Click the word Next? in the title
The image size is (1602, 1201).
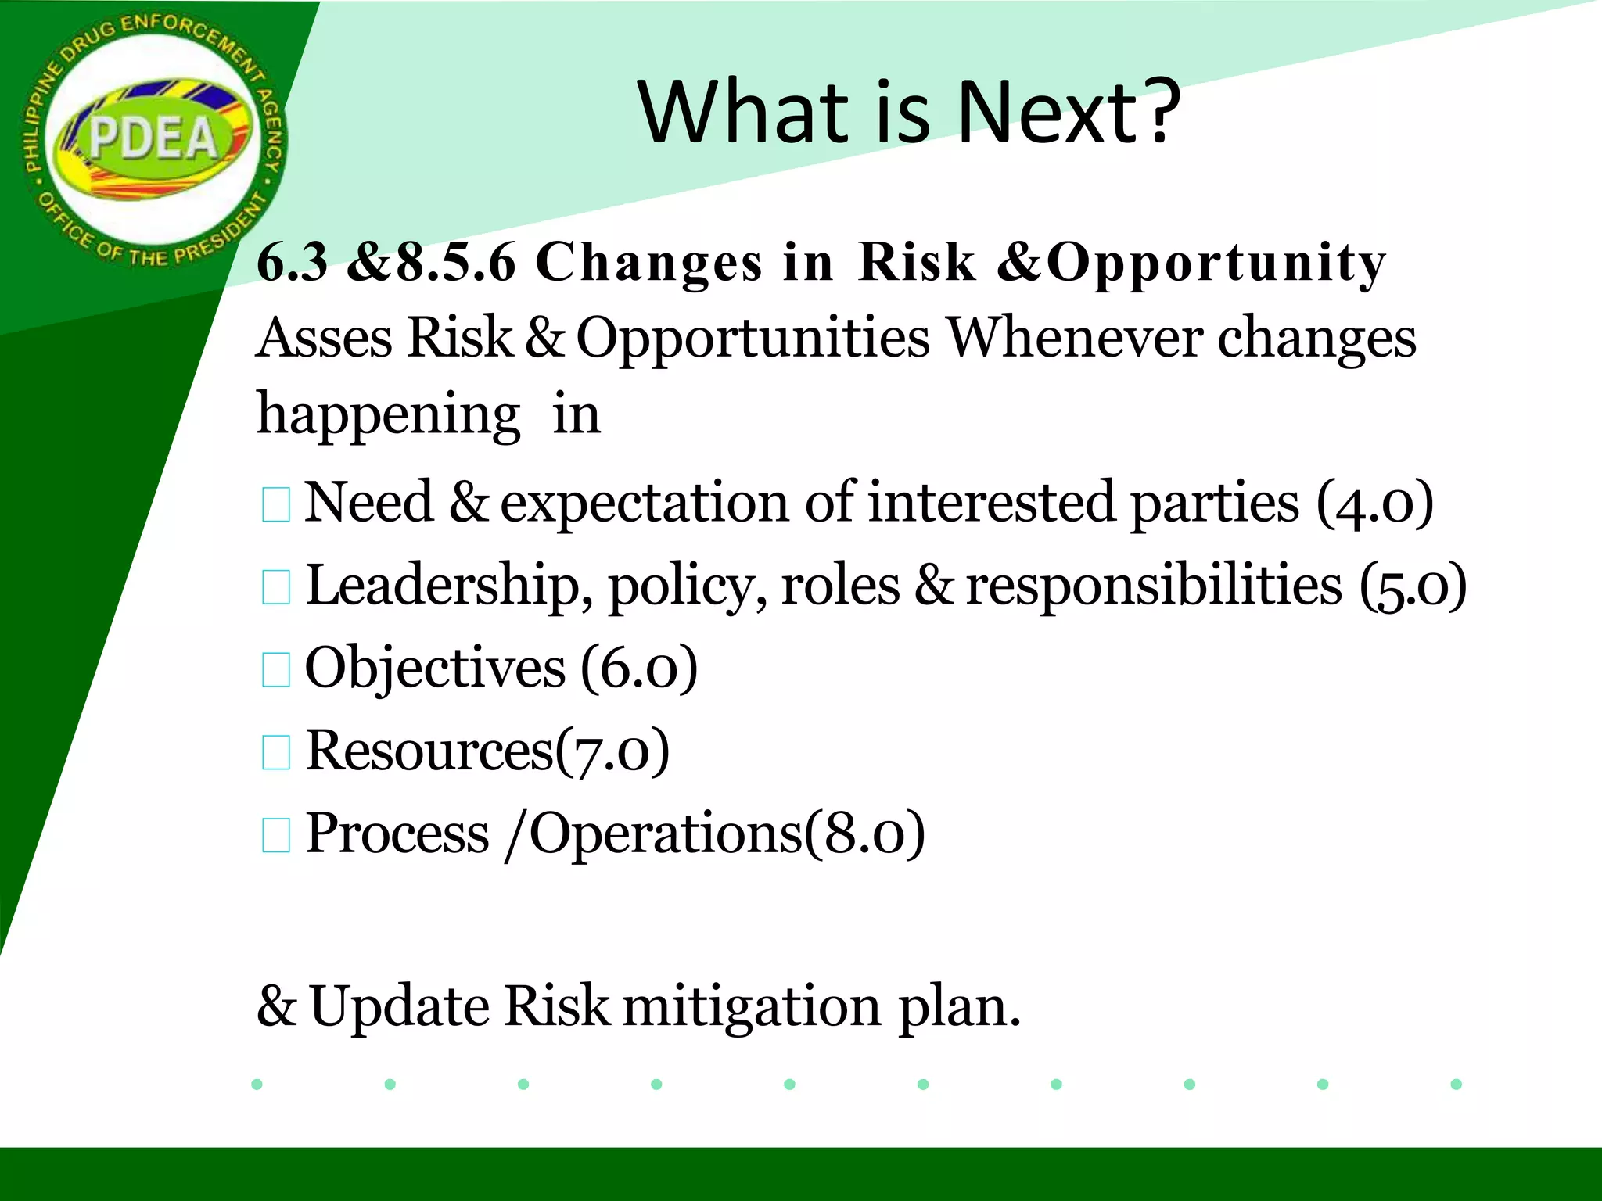1068,113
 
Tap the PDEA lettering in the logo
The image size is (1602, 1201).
153,138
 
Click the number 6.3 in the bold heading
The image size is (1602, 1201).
292,262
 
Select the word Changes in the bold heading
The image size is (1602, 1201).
648,262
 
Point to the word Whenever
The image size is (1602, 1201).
1075,339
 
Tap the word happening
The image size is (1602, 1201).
389,414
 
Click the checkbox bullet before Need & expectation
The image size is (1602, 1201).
276,504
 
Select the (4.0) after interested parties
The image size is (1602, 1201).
1374,503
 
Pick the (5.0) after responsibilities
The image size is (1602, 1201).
1413,586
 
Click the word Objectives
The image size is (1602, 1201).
435,669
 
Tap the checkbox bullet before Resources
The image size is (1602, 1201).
276,752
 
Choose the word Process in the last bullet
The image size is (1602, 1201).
397,834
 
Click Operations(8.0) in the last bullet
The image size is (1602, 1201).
727,835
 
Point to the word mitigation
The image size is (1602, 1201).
752,1007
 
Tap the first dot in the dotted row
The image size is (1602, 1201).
257,1084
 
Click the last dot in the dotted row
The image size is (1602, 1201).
1456,1084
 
